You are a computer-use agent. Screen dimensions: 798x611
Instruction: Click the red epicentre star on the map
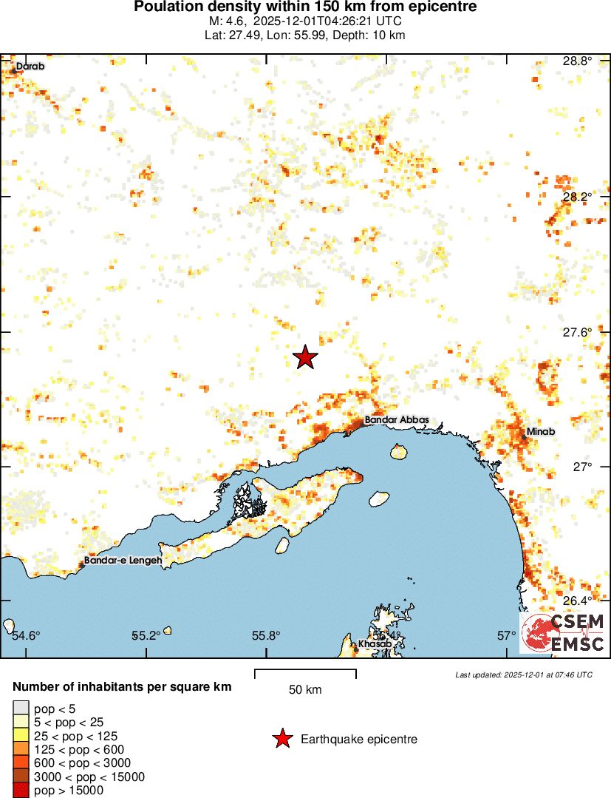(x=305, y=357)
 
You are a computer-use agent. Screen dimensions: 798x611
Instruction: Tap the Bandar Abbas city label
(x=396, y=419)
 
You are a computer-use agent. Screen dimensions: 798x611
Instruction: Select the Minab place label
(x=541, y=431)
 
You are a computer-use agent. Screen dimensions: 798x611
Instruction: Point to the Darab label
(x=30, y=67)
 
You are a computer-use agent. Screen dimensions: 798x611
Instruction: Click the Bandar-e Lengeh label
(x=123, y=561)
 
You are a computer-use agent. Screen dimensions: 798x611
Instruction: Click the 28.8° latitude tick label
(x=576, y=61)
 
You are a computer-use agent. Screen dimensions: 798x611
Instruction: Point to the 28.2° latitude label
(x=576, y=197)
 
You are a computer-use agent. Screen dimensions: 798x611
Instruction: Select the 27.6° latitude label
(x=576, y=332)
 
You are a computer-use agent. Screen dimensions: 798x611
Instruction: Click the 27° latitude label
(x=581, y=467)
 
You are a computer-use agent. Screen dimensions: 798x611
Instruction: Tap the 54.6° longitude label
(x=27, y=635)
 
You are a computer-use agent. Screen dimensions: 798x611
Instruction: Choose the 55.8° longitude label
(x=266, y=635)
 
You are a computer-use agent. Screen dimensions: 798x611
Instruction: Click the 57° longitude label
(x=506, y=635)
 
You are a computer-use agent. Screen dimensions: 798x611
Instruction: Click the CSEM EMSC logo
(x=563, y=633)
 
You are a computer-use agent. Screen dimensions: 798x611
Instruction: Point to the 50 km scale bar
(x=305, y=673)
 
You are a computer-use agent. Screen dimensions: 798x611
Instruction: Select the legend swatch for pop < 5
(x=21, y=709)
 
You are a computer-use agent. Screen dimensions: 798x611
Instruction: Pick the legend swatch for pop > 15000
(x=21, y=790)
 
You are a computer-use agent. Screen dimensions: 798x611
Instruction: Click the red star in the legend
(x=281, y=739)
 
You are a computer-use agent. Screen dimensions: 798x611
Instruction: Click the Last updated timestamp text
(x=523, y=674)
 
